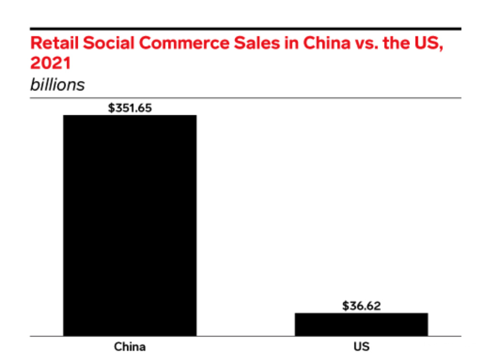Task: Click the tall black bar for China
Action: click(x=130, y=225)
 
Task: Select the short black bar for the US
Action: click(x=361, y=324)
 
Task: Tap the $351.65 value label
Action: click(x=130, y=108)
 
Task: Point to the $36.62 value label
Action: click(x=361, y=306)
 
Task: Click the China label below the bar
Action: click(x=130, y=346)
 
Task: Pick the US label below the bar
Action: click(x=361, y=346)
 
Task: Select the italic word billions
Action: click(x=57, y=84)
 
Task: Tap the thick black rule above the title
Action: click(x=245, y=29)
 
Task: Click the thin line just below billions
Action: click(x=245, y=98)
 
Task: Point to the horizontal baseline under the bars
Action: click(x=245, y=336)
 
